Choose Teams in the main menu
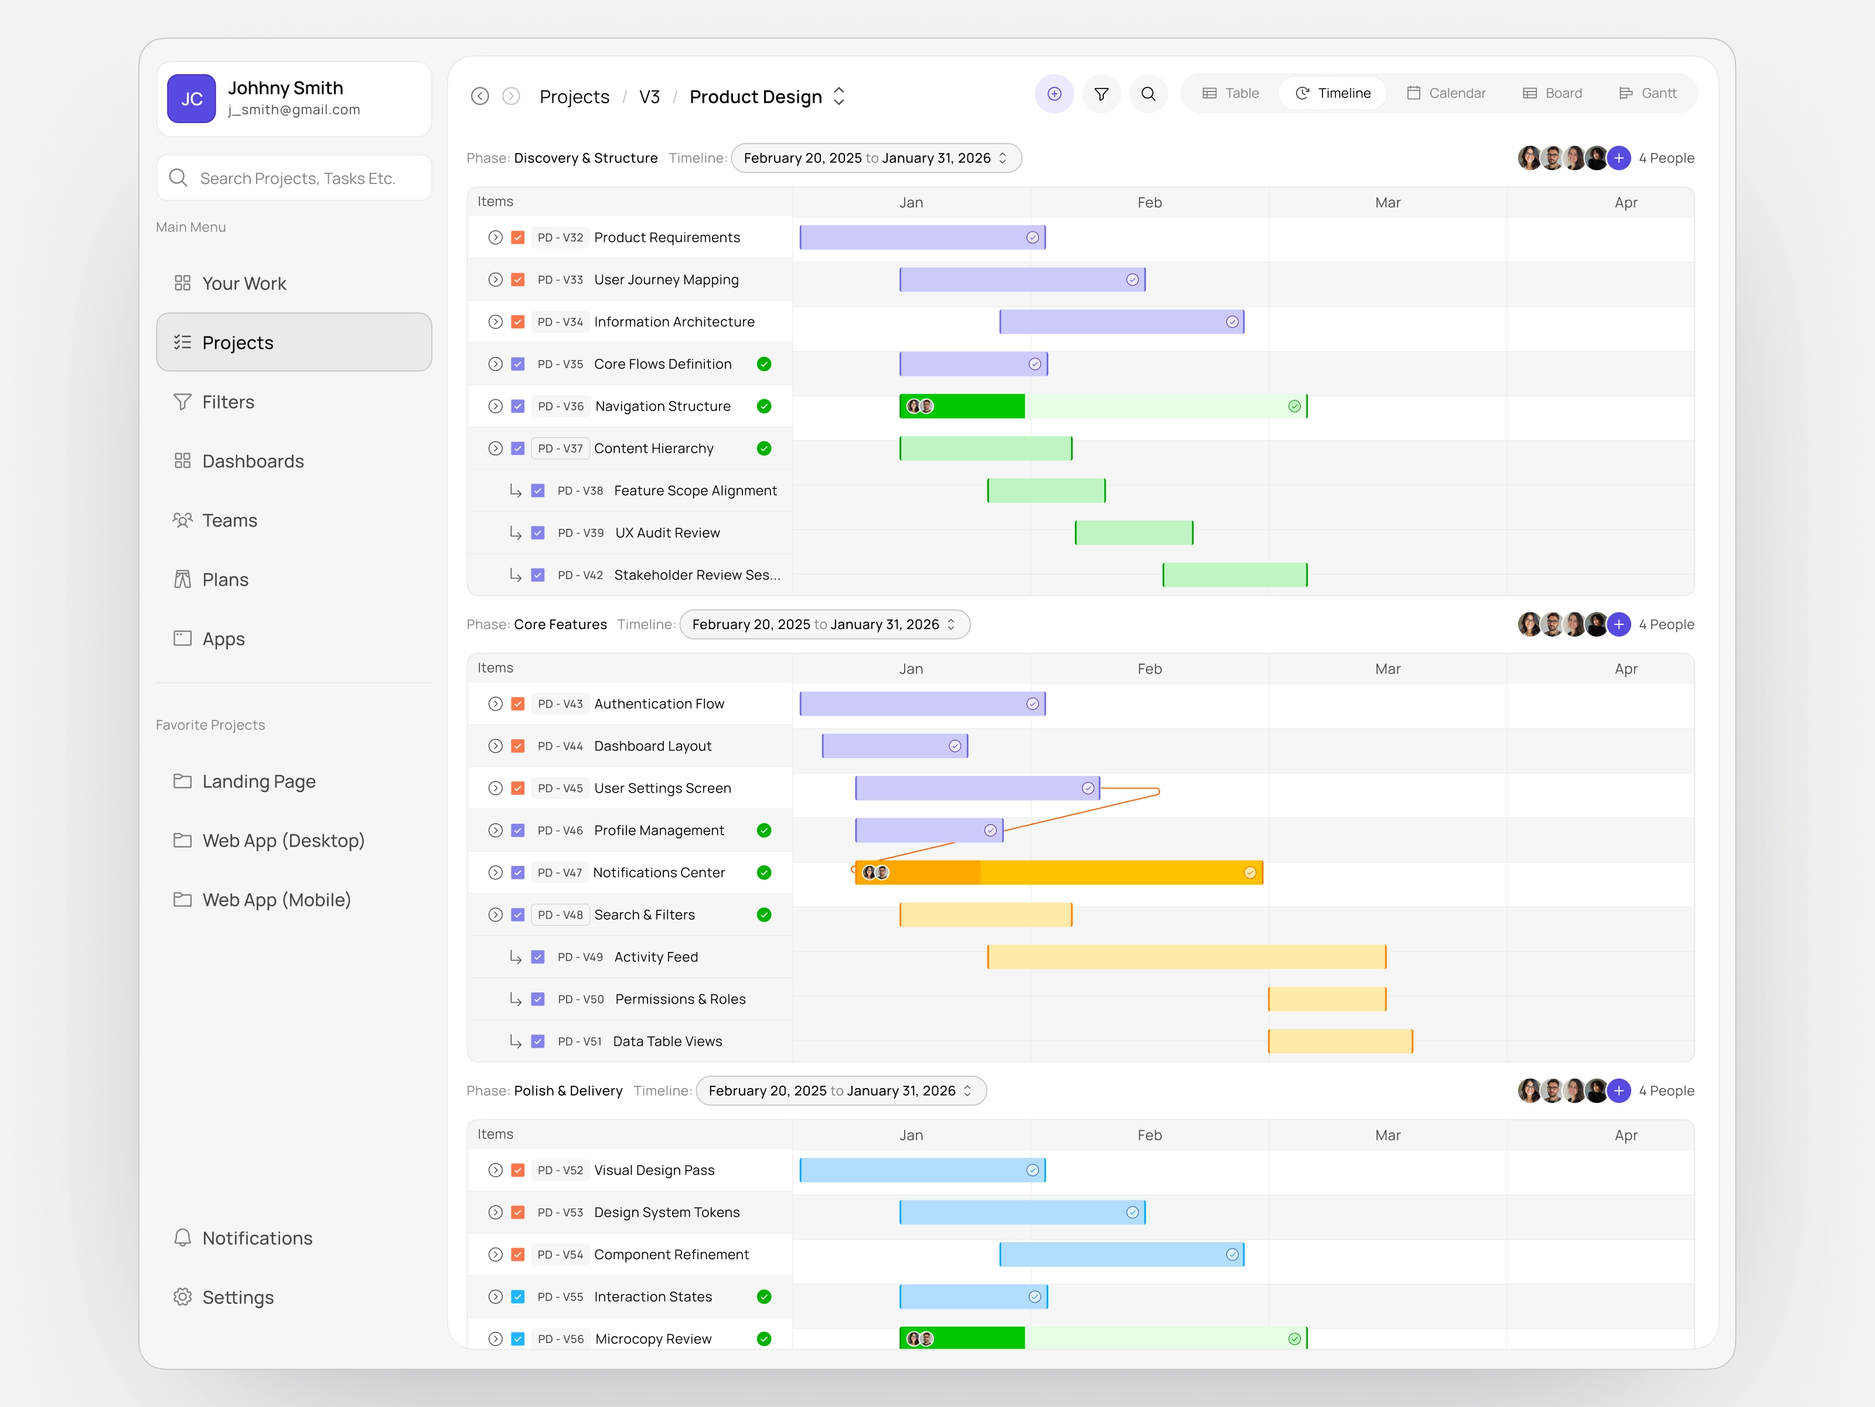tap(229, 521)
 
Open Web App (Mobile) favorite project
tap(275, 900)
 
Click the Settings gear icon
tap(182, 1297)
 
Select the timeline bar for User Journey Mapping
tap(1021, 280)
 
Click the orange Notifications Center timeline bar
tap(1058, 873)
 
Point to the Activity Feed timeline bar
tap(1186, 957)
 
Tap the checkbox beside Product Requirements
tap(518, 237)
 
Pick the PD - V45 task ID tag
tap(560, 788)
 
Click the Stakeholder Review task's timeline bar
tap(1234, 575)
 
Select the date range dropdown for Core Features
tap(824, 624)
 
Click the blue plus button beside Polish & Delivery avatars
tap(1618, 1090)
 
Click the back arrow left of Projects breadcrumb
tap(480, 96)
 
